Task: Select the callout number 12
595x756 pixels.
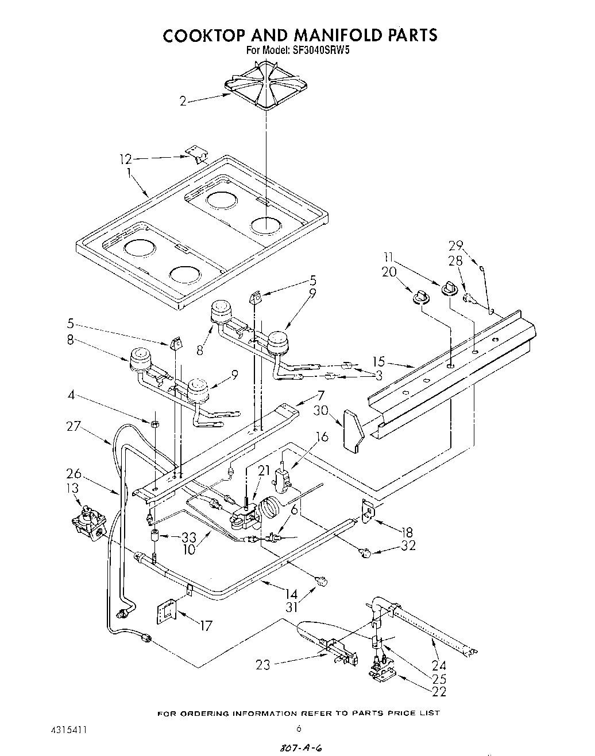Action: (126, 159)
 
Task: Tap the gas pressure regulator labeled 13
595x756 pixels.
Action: (89, 520)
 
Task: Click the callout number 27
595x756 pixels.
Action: (74, 426)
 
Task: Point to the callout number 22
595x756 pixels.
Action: (439, 692)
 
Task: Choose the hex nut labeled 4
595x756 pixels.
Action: (154, 424)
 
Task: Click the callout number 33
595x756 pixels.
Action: (189, 537)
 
